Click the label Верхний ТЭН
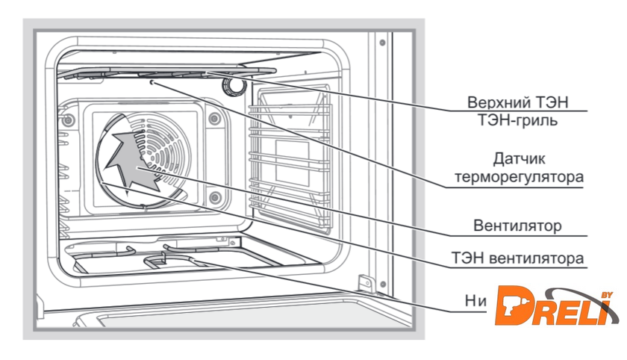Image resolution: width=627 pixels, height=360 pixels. click(x=523, y=102)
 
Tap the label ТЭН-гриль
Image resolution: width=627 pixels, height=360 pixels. click(x=523, y=120)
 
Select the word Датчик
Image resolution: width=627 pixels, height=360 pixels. click(x=523, y=160)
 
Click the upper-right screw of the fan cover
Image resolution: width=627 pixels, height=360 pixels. click(x=214, y=117)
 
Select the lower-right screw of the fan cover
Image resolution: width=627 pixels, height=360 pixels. click(x=214, y=198)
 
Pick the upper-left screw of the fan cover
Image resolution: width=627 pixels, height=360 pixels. click(x=69, y=120)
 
